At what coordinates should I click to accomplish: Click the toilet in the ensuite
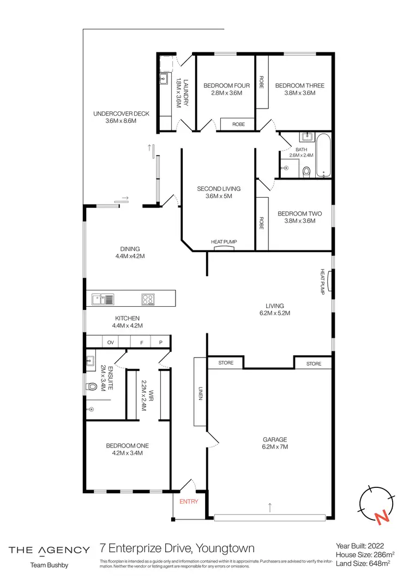point(91,387)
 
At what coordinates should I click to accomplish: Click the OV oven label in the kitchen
point(110,342)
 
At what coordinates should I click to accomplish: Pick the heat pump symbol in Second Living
point(224,247)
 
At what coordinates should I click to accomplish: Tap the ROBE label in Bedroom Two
point(262,223)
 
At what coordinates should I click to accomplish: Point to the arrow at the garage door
point(270,508)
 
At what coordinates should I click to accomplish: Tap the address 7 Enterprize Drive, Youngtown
point(177,548)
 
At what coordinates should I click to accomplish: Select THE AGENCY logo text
point(49,550)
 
